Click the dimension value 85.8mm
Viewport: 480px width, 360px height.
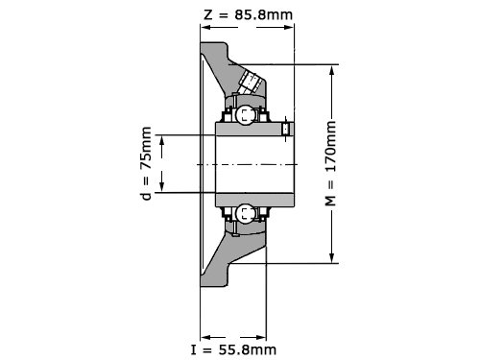(264, 14)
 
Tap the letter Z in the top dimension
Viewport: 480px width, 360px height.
(208, 15)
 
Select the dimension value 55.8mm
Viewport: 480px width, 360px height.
(247, 349)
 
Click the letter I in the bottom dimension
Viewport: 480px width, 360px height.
(193, 349)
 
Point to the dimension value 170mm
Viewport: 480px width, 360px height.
(330, 147)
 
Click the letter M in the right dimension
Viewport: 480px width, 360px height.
(330, 200)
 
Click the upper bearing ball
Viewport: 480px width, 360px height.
(246, 115)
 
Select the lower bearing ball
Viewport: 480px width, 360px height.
(246, 214)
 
